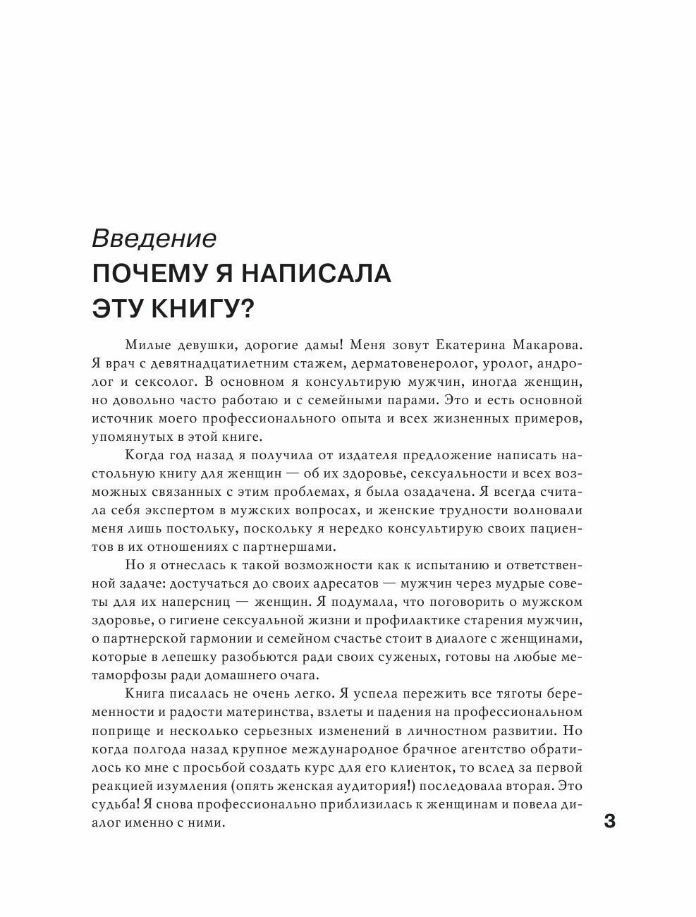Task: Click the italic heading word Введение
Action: [x=154, y=238]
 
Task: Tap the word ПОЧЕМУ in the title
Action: [x=147, y=273]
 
